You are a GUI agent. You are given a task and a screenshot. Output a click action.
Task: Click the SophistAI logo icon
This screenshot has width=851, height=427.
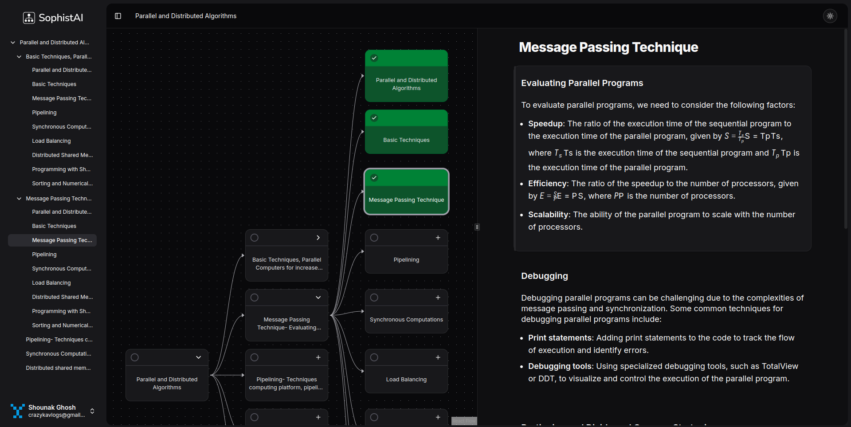[29, 18]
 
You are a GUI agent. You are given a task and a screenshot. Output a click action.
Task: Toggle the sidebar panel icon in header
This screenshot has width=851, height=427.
[118, 16]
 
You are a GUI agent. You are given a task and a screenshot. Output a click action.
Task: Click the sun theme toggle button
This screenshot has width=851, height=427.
[830, 16]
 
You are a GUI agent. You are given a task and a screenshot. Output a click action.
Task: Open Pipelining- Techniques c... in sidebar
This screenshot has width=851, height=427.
[59, 340]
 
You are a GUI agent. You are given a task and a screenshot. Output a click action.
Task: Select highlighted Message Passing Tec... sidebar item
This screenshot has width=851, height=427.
[62, 240]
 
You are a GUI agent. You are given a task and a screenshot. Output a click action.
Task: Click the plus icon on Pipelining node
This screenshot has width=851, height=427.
[438, 238]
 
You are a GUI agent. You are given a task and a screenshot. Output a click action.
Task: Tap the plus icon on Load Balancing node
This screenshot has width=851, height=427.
[438, 357]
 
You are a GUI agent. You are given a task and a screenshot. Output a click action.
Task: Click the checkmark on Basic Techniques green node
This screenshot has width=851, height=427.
[374, 118]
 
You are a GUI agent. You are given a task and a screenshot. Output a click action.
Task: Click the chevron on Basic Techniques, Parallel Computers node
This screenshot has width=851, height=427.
[318, 238]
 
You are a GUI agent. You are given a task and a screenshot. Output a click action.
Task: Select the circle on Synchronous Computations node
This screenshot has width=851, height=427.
[374, 298]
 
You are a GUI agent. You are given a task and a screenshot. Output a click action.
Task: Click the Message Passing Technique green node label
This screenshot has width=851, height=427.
[406, 200]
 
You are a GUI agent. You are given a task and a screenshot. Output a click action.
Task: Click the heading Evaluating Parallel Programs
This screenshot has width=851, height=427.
[582, 83]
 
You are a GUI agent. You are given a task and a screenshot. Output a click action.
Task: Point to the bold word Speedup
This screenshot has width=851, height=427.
[545, 124]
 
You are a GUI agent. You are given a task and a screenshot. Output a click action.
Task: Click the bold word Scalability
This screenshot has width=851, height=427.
[548, 215]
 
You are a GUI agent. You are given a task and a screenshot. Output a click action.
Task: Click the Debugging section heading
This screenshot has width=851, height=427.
[544, 276]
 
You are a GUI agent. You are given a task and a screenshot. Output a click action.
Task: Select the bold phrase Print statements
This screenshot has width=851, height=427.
[560, 338]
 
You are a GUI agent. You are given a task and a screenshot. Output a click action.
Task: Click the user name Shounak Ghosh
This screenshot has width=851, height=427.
[52, 407]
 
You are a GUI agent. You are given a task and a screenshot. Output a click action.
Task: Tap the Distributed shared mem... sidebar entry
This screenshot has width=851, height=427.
[58, 368]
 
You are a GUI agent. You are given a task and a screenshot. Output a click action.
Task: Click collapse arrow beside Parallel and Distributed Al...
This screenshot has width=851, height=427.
[13, 43]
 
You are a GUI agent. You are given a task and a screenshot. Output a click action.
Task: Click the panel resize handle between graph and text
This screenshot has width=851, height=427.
[477, 227]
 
